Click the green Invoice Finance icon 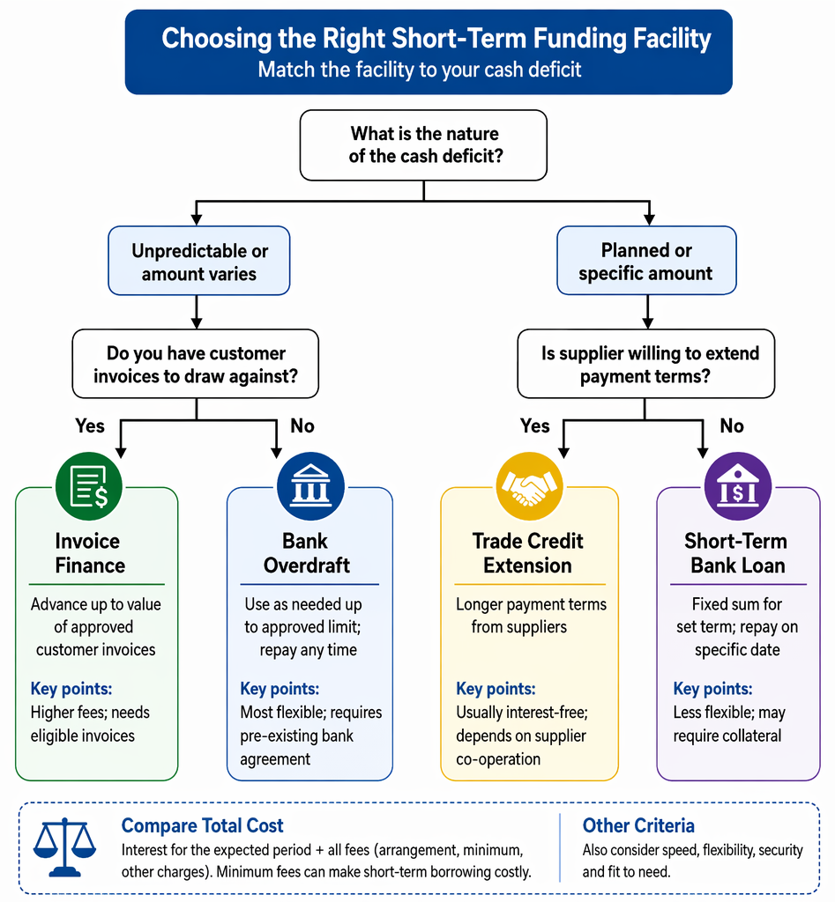(x=89, y=486)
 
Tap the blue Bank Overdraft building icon (x=311, y=486)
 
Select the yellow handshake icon (x=529, y=486)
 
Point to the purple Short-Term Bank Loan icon (x=738, y=486)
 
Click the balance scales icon (x=64, y=847)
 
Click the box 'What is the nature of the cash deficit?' (x=424, y=145)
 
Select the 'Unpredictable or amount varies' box (x=199, y=261)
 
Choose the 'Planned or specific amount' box (x=646, y=261)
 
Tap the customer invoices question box (x=196, y=364)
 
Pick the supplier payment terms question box (x=646, y=364)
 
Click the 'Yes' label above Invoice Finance (x=90, y=425)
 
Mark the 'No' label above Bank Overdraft (x=302, y=425)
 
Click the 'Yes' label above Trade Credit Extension (x=535, y=425)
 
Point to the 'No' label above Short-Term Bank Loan (x=732, y=425)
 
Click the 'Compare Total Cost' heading (x=202, y=825)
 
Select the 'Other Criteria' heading (x=638, y=825)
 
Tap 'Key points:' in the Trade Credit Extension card (x=496, y=689)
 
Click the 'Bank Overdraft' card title (x=306, y=553)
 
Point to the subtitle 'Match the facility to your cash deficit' (x=419, y=70)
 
